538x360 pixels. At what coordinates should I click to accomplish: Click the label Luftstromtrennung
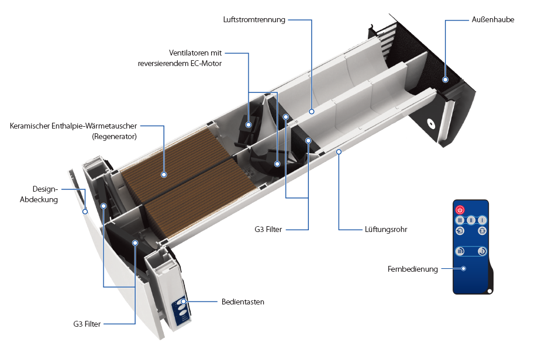click(254, 19)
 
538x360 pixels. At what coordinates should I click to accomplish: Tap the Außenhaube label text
click(493, 19)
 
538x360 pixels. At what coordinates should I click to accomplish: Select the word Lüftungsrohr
click(385, 229)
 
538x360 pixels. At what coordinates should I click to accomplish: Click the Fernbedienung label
click(412, 269)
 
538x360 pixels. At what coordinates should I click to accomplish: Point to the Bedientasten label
click(243, 302)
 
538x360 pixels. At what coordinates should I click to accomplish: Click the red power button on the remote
click(460, 210)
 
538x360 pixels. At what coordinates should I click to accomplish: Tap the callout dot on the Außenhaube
click(445, 79)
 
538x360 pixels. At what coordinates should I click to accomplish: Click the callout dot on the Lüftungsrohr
click(339, 151)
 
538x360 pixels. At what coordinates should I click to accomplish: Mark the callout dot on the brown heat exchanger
click(164, 175)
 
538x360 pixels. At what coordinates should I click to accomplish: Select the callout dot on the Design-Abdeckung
click(85, 212)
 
